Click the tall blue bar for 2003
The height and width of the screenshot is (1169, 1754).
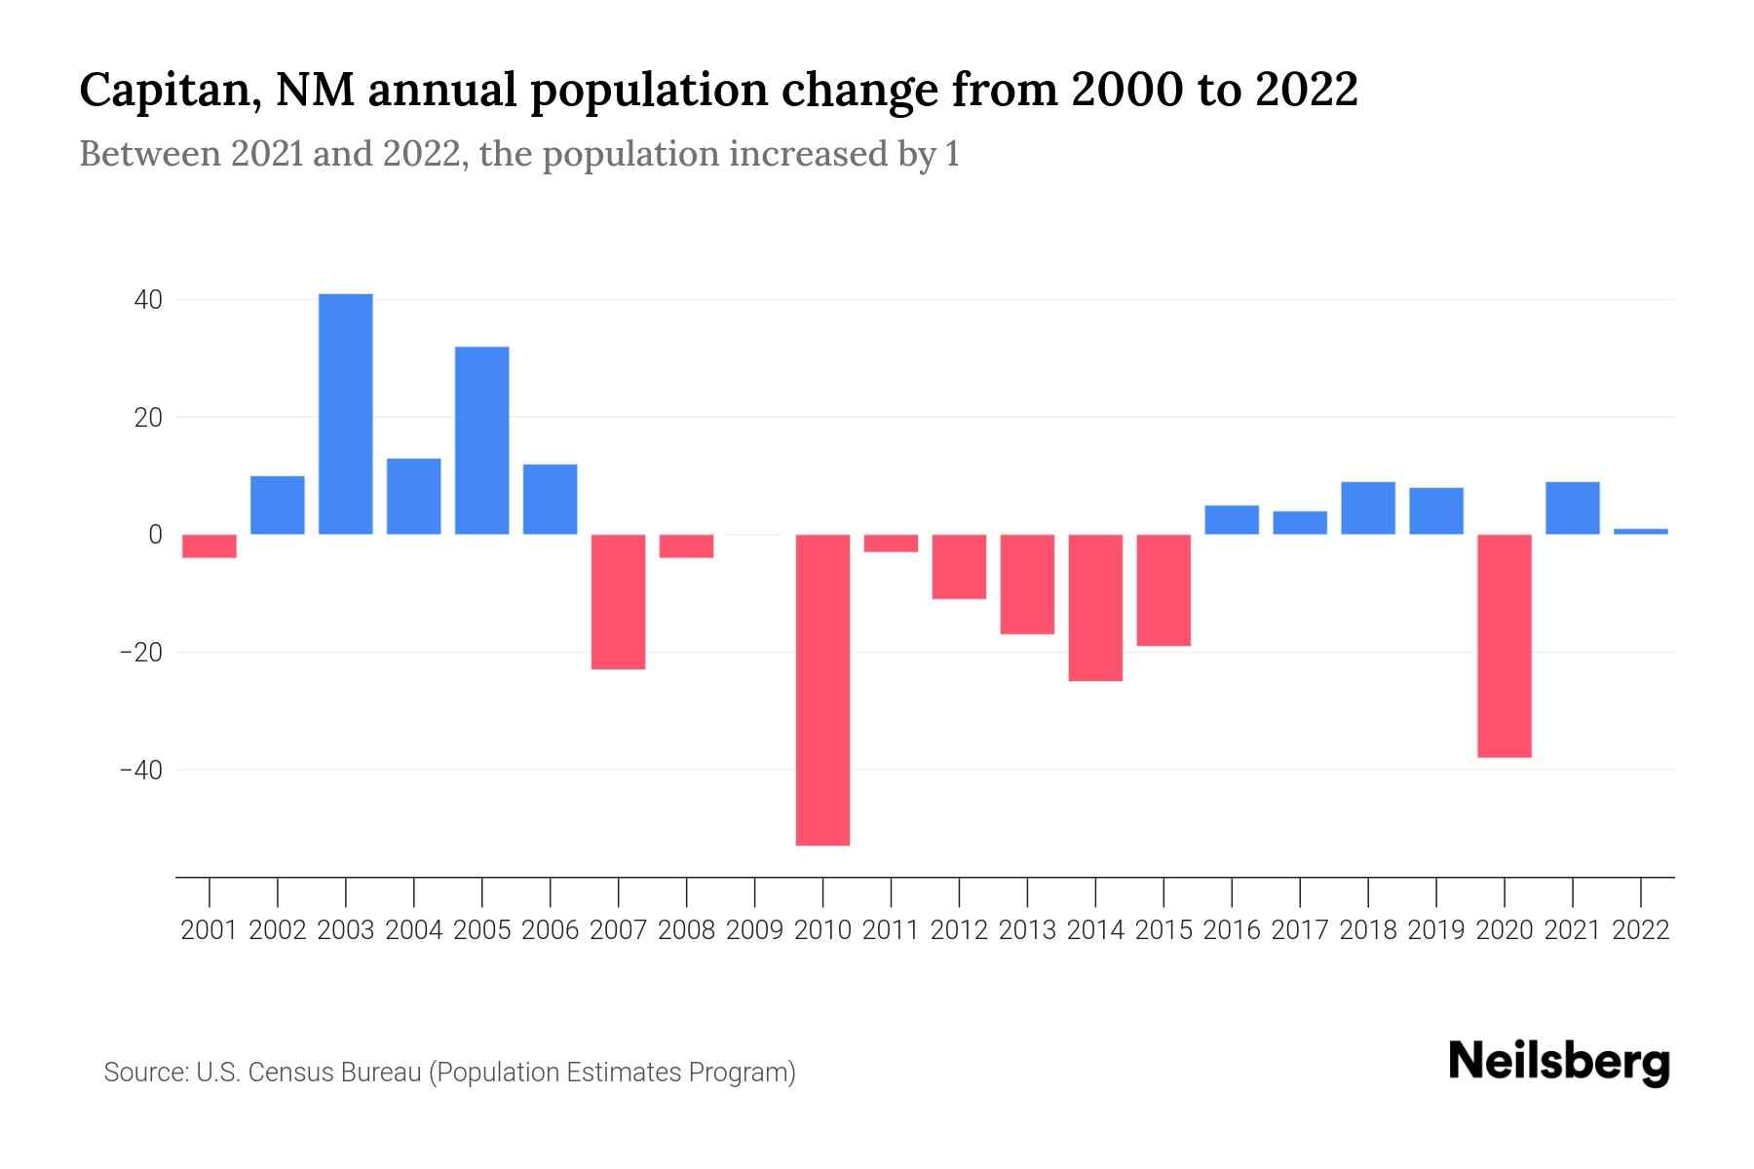coord(346,414)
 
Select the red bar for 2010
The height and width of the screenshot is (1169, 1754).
coord(822,690)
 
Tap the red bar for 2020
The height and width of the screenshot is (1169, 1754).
coord(1504,646)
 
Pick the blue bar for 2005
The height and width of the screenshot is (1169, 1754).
coord(481,440)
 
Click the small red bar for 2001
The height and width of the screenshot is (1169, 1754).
coord(210,546)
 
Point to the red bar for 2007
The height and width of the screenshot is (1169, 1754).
coord(618,602)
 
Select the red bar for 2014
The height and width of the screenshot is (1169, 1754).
coord(1095,608)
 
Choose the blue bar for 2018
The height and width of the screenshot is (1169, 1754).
coord(1367,509)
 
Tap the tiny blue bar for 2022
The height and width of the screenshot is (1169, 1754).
coord(1640,531)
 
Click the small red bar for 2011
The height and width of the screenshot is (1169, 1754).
coord(891,544)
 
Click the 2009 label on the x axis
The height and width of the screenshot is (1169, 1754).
coord(754,930)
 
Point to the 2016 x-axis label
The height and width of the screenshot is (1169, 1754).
coord(1231,930)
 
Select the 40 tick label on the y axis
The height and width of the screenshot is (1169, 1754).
coord(148,300)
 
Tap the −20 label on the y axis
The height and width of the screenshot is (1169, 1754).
coord(140,653)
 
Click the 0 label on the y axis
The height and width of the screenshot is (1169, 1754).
coord(155,535)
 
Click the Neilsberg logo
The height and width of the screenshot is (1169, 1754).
coord(1558,1062)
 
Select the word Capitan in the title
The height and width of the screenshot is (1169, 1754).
coord(166,91)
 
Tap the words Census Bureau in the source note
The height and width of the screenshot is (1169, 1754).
coord(336,1073)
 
